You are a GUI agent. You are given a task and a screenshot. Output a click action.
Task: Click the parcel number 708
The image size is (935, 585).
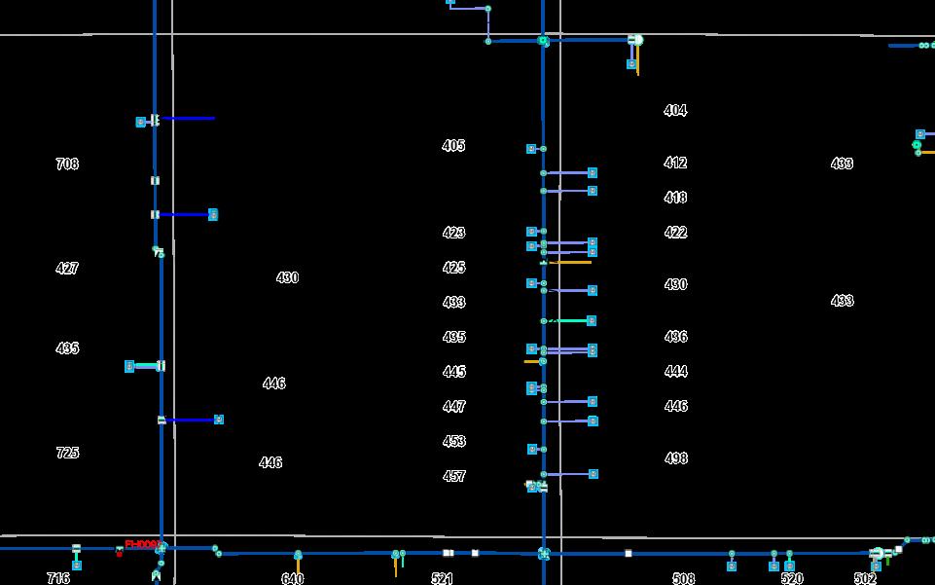(67, 165)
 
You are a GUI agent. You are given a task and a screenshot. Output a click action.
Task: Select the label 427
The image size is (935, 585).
(67, 269)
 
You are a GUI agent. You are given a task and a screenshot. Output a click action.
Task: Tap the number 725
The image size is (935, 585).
(67, 453)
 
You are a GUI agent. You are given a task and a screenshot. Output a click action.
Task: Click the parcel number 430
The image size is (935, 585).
(287, 278)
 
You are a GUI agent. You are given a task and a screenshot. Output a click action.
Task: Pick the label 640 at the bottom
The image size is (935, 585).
(292, 579)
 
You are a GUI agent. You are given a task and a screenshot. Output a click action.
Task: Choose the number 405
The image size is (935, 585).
(453, 146)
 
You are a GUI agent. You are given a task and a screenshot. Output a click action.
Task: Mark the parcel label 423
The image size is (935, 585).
(453, 234)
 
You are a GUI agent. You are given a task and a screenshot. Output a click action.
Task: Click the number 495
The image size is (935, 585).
(453, 338)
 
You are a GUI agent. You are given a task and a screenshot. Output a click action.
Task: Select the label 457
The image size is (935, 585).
(453, 477)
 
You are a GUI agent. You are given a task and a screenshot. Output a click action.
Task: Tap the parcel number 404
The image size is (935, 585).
(675, 111)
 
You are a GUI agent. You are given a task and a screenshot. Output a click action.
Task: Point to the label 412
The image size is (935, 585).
(675, 164)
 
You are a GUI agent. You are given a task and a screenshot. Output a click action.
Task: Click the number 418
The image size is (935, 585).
(675, 198)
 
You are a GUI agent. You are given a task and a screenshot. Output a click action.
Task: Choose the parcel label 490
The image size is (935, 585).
(675, 285)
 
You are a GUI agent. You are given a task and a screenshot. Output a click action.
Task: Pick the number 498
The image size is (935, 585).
(675, 458)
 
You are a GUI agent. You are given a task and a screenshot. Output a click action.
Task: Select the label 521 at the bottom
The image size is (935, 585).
(442, 579)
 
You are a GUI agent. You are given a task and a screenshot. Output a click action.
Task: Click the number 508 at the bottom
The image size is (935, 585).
(684, 579)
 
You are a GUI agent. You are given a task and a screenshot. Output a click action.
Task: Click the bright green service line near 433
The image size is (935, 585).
(570, 320)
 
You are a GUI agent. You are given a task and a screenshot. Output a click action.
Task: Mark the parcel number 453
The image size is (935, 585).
(453, 442)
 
